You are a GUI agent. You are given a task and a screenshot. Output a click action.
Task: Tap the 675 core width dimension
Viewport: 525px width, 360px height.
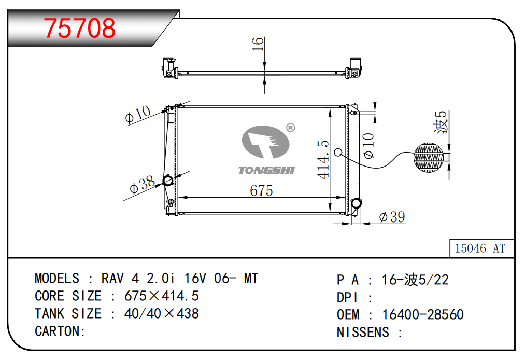click(261, 190)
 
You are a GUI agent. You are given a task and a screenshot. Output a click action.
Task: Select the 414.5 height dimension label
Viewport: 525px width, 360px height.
click(323, 160)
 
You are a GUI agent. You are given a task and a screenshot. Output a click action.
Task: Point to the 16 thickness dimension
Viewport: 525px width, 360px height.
click(258, 44)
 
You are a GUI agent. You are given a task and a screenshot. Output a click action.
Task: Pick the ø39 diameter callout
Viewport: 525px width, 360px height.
click(392, 217)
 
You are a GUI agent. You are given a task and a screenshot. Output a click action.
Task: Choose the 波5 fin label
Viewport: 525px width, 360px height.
click(441, 122)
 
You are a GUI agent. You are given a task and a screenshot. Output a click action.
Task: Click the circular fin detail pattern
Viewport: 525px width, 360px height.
click(429, 157)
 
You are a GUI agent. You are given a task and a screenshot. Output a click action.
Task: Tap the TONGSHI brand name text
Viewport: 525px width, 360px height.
click(266, 170)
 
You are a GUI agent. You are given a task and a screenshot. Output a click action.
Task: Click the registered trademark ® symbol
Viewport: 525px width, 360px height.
click(290, 128)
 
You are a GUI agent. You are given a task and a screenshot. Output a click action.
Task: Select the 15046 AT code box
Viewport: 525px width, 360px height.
click(479, 248)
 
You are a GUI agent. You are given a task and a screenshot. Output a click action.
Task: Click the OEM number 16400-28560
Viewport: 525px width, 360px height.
click(422, 314)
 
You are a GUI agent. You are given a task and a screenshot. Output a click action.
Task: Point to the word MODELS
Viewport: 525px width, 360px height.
click(57, 279)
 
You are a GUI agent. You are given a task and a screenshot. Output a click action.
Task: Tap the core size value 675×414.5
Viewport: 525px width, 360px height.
click(162, 296)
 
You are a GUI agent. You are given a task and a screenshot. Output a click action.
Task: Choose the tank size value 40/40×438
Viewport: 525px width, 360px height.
click(162, 314)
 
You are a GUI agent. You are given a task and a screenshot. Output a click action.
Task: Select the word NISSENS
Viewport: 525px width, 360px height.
click(363, 332)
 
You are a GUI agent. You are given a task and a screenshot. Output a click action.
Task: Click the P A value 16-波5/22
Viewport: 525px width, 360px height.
click(415, 280)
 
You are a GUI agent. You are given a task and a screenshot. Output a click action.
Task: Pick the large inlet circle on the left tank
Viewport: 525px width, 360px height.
click(169, 181)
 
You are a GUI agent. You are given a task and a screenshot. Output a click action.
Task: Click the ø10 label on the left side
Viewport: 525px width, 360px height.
click(137, 114)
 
